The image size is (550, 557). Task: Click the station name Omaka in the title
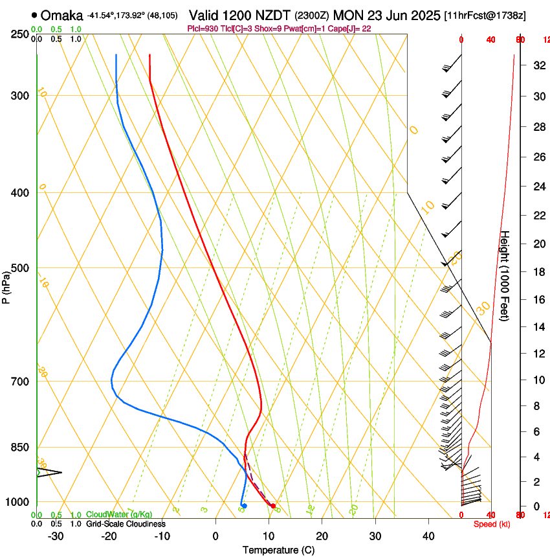tap(62, 15)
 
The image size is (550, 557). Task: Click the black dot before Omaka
tap(34, 15)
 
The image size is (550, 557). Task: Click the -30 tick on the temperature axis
tap(56, 536)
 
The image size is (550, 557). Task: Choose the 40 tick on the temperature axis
tap(428, 536)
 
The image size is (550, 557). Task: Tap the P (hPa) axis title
tap(6, 287)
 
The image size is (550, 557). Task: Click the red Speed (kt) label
tap(491, 524)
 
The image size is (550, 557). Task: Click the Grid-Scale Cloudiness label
tap(126, 524)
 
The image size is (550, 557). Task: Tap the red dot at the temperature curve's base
tap(273, 506)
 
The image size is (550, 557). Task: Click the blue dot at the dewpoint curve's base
tap(244, 506)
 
